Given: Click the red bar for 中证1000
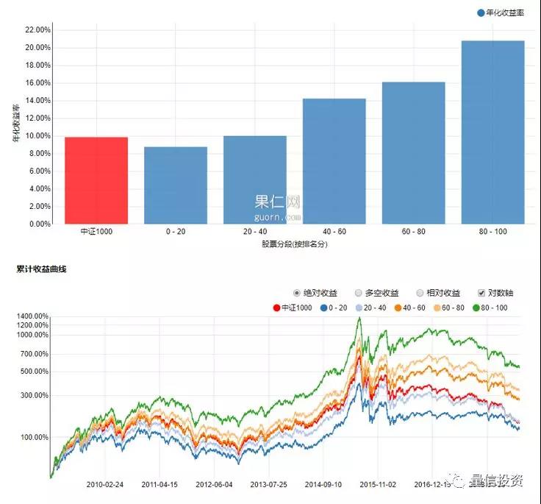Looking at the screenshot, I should click(x=96, y=180).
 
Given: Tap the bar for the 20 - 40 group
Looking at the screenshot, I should click(x=255, y=180).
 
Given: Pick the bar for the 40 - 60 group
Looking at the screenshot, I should click(x=334, y=161).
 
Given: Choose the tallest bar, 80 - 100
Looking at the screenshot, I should click(x=493, y=132).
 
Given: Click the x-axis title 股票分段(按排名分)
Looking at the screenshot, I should click(x=294, y=244).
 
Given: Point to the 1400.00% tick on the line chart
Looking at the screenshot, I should click(x=31, y=316).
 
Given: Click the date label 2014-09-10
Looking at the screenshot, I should click(x=323, y=485).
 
